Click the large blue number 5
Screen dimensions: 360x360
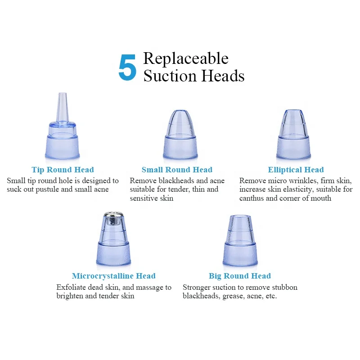[127, 67]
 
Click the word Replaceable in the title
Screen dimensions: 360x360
[186, 58]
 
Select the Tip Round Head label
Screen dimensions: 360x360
[63, 170]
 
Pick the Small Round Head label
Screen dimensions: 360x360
[177, 170]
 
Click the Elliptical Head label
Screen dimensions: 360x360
[296, 170]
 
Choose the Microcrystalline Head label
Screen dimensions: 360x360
[113, 276]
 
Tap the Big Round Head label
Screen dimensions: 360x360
[240, 276]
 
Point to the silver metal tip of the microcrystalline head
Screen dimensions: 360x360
[113, 219]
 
